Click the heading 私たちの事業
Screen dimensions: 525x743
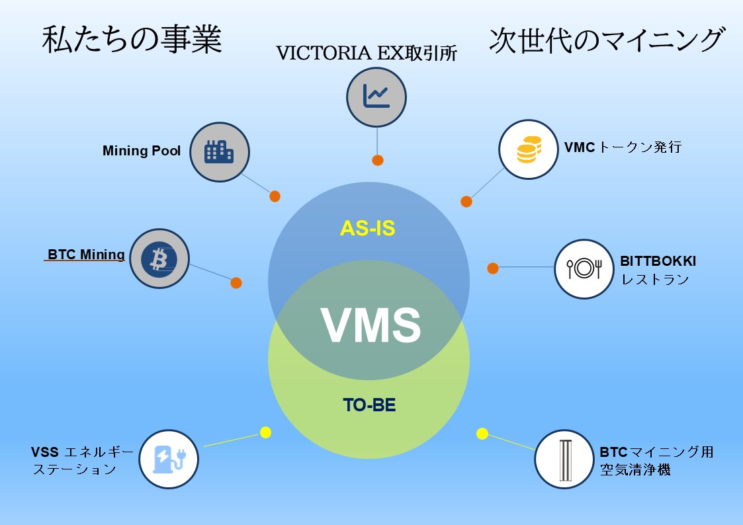point(132,41)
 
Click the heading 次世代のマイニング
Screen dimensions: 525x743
point(605,41)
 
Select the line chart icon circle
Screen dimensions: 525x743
point(376,97)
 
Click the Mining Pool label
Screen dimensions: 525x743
point(142,151)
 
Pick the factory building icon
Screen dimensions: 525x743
point(219,151)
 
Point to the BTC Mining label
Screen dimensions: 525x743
point(86,255)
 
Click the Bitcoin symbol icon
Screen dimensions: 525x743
point(159,259)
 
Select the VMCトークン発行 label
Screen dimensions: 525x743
point(623,147)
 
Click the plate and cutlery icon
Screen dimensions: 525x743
point(584,268)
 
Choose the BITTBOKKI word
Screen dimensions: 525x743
point(658,261)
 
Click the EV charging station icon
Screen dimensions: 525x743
point(169,460)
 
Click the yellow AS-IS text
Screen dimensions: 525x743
point(367,228)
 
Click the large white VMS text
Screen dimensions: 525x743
point(371,325)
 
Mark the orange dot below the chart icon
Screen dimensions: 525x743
point(378,160)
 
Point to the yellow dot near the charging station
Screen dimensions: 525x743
point(265,432)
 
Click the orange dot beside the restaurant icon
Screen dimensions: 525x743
point(493,268)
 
